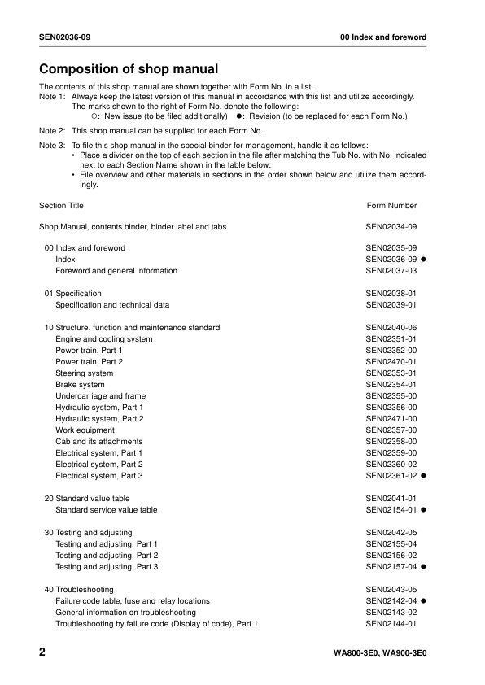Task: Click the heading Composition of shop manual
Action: (129, 69)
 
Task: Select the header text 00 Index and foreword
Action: (383, 38)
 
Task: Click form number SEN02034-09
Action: (391, 227)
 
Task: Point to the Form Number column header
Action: (391, 206)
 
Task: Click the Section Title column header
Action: (61, 206)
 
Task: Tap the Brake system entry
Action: (80, 385)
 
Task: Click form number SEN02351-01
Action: (391, 339)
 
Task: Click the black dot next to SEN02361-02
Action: (424, 476)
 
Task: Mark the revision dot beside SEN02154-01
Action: (424, 510)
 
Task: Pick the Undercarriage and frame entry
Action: (100, 396)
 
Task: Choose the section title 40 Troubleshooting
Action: (79, 590)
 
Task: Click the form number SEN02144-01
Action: (391, 624)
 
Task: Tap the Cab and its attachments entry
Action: (98, 442)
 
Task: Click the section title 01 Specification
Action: (73, 294)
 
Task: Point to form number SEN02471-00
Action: (391, 419)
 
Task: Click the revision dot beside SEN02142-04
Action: (424, 601)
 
